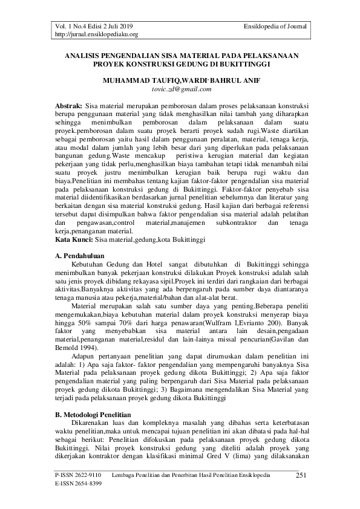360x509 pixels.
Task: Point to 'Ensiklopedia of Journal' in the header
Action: point(275,27)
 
